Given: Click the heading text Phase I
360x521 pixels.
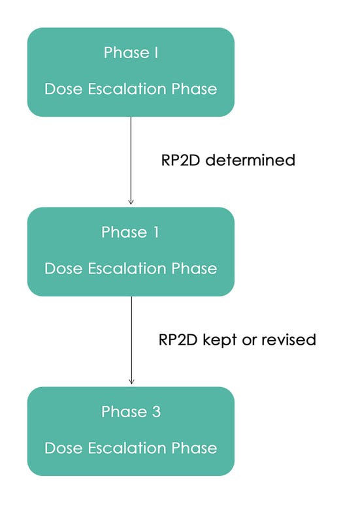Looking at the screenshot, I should coord(131,53).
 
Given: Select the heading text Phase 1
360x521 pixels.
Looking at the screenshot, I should coord(131,232).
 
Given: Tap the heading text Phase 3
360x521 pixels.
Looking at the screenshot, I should coord(131,412).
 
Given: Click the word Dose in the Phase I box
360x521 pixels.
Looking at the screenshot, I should coord(61,89).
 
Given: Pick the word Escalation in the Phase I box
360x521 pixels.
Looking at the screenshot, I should coord(123,89).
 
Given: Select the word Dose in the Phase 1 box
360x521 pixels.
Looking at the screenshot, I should coord(61,268).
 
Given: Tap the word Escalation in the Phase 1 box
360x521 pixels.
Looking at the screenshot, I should coord(123,268).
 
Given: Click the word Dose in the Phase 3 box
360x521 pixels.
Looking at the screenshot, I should coord(61,448).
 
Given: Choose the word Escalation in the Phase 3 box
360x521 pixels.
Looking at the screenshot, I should coord(123,448).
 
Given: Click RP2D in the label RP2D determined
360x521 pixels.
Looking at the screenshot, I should coord(181,160).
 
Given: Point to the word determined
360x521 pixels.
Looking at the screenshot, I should coord(250,160).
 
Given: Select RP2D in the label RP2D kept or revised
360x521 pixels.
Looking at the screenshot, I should coord(179,340).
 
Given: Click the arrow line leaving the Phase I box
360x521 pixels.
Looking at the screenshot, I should coord(131,157).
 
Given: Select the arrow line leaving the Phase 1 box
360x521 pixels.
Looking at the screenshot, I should coord(131,336).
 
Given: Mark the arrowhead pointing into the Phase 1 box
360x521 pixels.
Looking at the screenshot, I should coord(131,202).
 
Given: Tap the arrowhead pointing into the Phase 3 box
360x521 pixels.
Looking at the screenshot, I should coord(131,381).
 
